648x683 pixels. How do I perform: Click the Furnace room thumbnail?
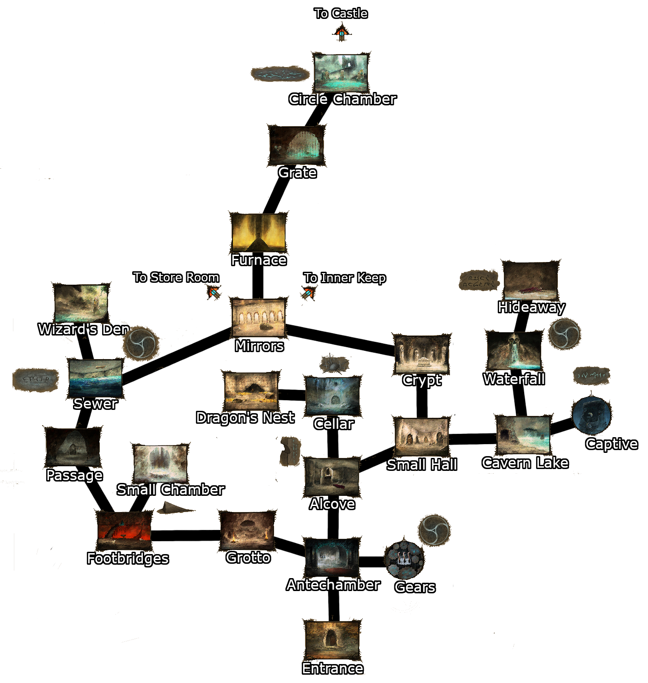tap(258, 232)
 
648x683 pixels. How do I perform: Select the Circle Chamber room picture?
tap(341, 73)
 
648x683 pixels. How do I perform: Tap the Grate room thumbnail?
tap(297, 146)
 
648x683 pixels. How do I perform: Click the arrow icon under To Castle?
tap(342, 33)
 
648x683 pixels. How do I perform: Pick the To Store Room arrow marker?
tap(214, 292)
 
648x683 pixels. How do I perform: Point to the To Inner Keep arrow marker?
tap(308, 293)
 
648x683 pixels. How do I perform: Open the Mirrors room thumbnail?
tap(258, 318)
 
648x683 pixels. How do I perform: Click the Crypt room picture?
tap(422, 354)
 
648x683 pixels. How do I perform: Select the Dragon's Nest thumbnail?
tap(251, 391)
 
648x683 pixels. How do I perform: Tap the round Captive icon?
tap(591, 415)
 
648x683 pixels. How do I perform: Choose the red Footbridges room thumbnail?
tap(124, 531)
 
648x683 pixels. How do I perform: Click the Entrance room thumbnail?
tap(332, 640)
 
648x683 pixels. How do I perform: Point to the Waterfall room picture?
tap(514, 351)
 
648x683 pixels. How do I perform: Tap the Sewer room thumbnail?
tap(95, 378)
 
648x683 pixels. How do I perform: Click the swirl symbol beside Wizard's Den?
tap(141, 343)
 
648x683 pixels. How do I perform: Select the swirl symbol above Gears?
tap(434, 530)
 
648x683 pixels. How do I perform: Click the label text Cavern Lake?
tap(525, 463)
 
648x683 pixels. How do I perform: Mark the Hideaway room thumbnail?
tap(531, 281)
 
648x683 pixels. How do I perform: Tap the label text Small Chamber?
tap(170, 489)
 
